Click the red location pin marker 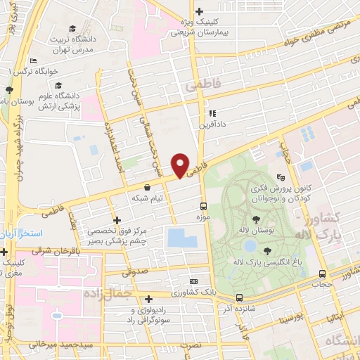point(181,165)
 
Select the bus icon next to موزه point(203,206)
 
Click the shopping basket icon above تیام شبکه point(147,187)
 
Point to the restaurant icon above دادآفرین point(212,112)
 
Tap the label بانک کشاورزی point(194,291)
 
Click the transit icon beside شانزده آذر point(239,297)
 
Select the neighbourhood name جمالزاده point(108,291)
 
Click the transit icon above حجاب point(321,274)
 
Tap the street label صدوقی point(137,272)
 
